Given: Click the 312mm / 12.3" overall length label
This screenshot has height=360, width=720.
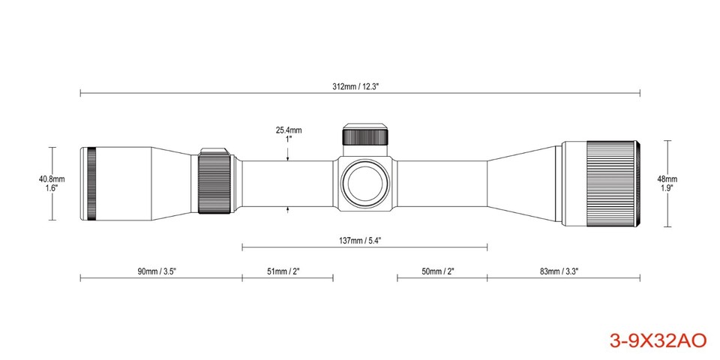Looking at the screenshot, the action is (360, 86).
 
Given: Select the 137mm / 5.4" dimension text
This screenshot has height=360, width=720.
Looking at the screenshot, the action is (361, 241).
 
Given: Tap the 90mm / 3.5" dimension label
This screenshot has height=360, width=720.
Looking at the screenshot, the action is (157, 271).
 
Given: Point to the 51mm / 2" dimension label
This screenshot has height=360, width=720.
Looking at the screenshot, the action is (283, 271).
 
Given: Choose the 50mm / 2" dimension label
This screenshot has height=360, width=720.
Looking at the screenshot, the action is (437, 271).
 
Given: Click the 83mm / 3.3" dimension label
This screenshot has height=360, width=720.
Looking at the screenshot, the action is (559, 271).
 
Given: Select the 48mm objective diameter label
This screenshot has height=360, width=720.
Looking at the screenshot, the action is (667, 179).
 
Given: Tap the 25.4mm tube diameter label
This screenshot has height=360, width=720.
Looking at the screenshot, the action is (289, 130).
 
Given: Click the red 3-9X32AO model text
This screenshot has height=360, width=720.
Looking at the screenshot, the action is (658, 340).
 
